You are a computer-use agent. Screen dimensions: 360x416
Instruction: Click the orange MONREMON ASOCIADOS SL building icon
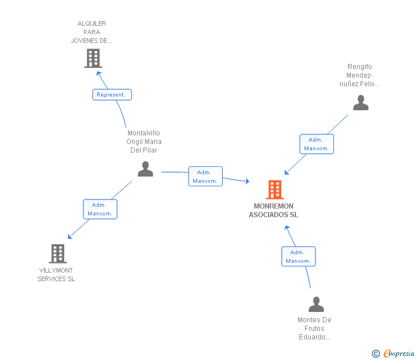pos(275,190)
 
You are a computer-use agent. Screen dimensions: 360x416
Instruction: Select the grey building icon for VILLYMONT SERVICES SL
pos(58,253)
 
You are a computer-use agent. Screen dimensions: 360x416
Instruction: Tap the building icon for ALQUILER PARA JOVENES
pos(93,58)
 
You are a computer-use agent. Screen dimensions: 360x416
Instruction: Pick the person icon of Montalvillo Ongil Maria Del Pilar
pos(146,169)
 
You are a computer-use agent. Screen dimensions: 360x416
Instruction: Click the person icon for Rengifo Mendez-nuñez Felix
pos(361,103)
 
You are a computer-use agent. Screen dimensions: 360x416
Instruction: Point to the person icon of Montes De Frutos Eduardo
pos(316,304)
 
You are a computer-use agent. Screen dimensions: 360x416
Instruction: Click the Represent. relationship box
pos(112,95)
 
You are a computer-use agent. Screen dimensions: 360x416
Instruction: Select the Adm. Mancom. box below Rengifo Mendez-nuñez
pos(317,144)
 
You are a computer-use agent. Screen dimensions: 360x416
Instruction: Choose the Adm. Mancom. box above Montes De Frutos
pos(298,257)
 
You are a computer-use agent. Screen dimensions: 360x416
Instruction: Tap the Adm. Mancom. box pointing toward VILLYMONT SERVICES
pos(100,209)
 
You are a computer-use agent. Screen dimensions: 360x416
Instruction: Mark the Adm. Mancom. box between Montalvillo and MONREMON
pos(205,177)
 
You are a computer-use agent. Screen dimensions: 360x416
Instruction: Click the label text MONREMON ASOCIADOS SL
pos(273,210)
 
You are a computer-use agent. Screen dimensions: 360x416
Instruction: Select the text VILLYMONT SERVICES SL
pos(56,275)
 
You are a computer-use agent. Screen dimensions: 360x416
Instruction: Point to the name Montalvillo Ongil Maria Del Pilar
pos(144,142)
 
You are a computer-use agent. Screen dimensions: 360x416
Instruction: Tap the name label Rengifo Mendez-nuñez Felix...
pos(359,75)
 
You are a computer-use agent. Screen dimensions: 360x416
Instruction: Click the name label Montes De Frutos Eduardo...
pos(314,329)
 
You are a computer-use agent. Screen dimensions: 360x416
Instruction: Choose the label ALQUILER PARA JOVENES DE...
pos(91,32)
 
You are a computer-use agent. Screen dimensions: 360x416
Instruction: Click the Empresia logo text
pos(399,353)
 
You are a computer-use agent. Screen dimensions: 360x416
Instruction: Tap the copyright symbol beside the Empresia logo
pos(375,354)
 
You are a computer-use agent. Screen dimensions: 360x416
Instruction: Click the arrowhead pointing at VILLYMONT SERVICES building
pos(69,237)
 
